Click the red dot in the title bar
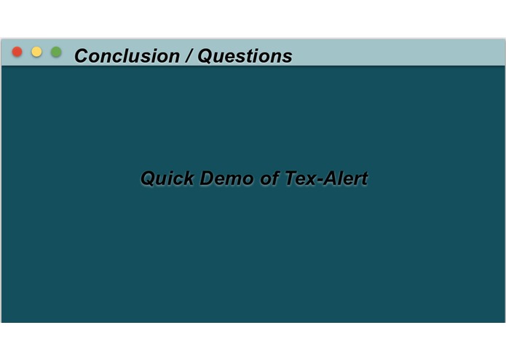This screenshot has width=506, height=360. (17, 52)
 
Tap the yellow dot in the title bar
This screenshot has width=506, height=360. (36, 52)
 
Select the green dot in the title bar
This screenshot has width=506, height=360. (56, 52)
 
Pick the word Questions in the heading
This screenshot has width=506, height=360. (245, 56)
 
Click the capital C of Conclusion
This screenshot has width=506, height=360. (82, 56)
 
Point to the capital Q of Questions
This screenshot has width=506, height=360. (206, 56)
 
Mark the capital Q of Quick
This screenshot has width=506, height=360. (148, 179)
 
